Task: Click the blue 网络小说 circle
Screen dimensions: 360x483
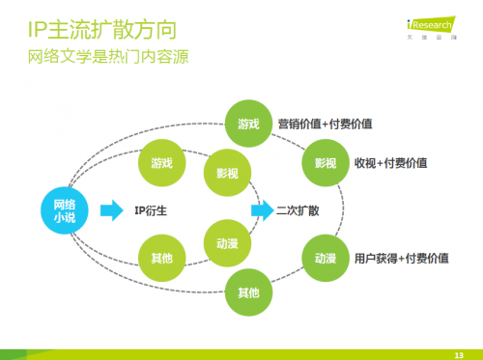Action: coord(64,209)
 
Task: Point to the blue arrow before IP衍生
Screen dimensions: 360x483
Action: coord(113,209)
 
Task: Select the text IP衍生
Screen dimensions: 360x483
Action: coord(157,209)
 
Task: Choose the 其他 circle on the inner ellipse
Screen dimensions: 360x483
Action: coord(162,258)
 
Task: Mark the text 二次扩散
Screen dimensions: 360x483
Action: coord(298,209)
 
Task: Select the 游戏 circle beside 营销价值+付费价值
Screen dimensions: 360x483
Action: coord(248,124)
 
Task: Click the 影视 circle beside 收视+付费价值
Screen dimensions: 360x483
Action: coord(326,162)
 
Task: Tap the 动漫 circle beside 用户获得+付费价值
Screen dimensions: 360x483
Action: coord(326,258)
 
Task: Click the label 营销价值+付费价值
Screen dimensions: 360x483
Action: coord(325,124)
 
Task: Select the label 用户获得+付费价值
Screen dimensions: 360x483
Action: coord(401,258)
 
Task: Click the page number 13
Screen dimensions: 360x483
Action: coord(459,352)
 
